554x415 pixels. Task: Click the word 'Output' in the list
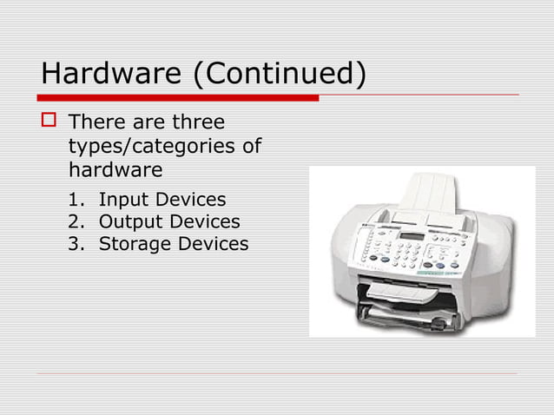[129, 222]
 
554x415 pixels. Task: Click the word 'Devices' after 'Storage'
[213, 244]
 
